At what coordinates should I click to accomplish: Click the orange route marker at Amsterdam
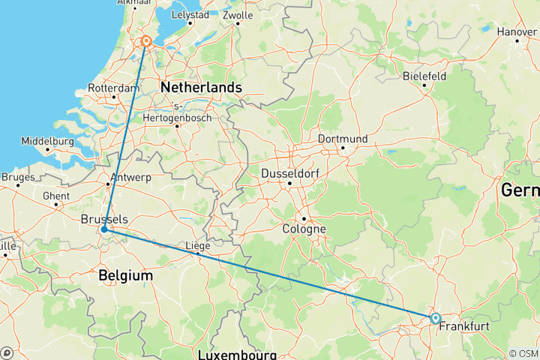click(146, 42)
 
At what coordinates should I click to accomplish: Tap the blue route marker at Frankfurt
click(435, 318)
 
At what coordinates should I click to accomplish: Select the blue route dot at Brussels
click(104, 229)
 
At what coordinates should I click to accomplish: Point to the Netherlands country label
click(200, 88)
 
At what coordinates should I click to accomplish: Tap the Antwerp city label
click(130, 178)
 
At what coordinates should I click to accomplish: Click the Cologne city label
click(304, 229)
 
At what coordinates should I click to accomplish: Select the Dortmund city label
click(343, 139)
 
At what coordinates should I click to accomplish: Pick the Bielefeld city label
click(424, 76)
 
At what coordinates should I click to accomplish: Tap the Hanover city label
click(516, 31)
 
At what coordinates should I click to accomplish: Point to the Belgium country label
click(125, 276)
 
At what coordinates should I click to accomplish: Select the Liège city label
click(197, 244)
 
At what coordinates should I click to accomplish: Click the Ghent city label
click(56, 196)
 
